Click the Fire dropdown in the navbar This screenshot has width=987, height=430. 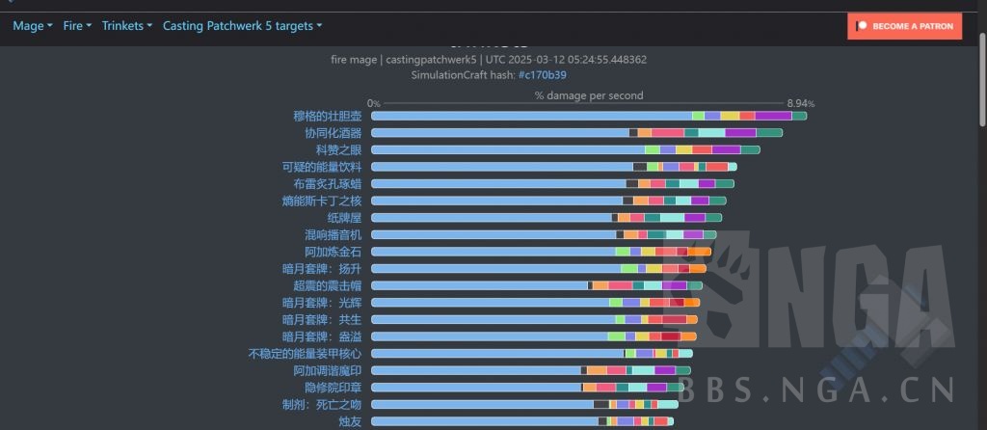[x=77, y=26]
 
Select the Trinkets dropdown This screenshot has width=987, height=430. [x=126, y=26]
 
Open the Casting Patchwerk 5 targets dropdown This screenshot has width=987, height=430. [x=242, y=26]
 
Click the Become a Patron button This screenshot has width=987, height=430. [x=905, y=26]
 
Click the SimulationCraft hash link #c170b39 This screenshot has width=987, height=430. [x=542, y=74]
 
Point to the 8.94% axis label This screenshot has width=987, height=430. [x=800, y=103]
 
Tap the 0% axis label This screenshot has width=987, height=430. [x=373, y=103]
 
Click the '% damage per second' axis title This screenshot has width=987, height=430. [x=589, y=95]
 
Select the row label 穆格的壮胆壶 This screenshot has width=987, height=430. [x=328, y=117]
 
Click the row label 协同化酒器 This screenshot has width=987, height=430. [x=333, y=133]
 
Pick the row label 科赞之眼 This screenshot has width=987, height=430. [x=338, y=150]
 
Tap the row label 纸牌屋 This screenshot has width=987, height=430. [x=344, y=218]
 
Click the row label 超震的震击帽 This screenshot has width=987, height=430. [x=327, y=285]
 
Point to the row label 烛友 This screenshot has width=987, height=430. [x=350, y=421]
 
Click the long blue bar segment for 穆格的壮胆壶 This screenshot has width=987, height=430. [x=531, y=117]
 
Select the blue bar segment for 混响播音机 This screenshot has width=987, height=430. [x=493, y=234]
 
